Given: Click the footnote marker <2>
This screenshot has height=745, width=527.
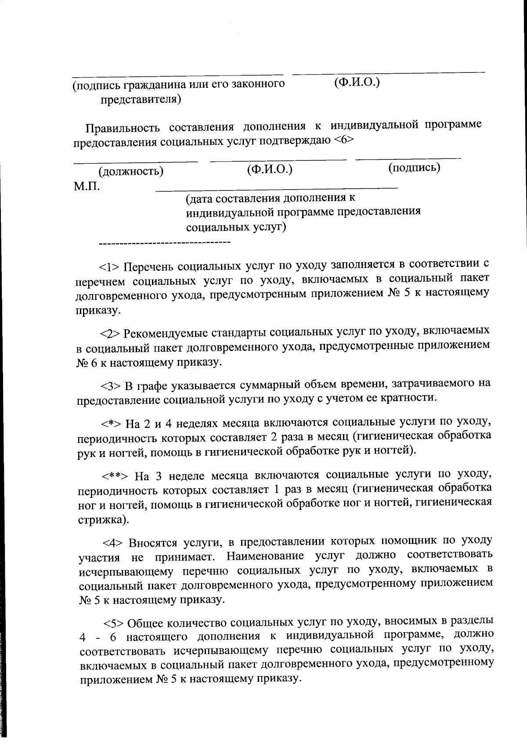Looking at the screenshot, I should pyautogui.click(x=110, y=333).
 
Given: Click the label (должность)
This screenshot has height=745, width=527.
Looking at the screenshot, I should pyautogui.click(x=131, y=171).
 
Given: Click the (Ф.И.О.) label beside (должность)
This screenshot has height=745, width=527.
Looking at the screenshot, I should pyautogui.click(x=270, y=169).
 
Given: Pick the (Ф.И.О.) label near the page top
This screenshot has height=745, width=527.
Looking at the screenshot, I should pyautogui.click(x=357, y=82).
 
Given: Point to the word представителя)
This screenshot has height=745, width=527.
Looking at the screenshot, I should pyautogui.click(x=141, y=100).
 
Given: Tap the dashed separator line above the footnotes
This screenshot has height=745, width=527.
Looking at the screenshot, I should pyautogui.click(x=165, y=242).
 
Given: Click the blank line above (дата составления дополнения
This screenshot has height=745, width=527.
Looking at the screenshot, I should pyautogui.click(x=277, y=189).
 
